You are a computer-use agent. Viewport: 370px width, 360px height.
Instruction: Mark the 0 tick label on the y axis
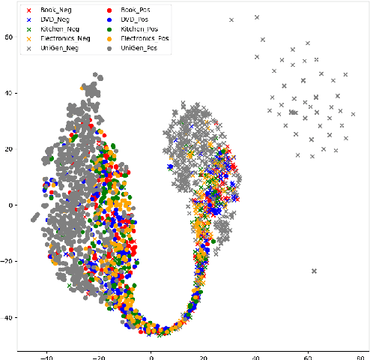[11, 205]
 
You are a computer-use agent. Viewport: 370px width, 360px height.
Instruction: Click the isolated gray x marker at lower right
[314, 271]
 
